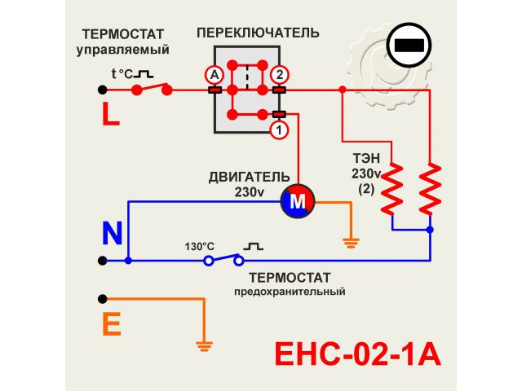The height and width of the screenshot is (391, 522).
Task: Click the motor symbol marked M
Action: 298,200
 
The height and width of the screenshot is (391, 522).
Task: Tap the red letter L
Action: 111,115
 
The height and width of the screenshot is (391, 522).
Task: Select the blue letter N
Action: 112,235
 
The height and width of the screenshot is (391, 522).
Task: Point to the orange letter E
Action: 112,325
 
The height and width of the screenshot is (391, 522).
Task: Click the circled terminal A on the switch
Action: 215,74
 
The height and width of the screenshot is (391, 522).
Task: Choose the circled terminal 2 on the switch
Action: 279,74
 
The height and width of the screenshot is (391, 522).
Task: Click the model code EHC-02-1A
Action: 356,355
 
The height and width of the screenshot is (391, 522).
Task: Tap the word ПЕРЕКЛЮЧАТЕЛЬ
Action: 258,33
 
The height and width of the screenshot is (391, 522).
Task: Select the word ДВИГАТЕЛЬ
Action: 249,177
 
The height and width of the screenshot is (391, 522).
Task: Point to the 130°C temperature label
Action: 199,246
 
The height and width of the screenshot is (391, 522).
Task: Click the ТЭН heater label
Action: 366,160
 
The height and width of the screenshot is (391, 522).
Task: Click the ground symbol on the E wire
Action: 204,345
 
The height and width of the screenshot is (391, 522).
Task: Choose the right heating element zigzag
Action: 430,189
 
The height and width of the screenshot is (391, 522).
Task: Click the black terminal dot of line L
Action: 102,90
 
